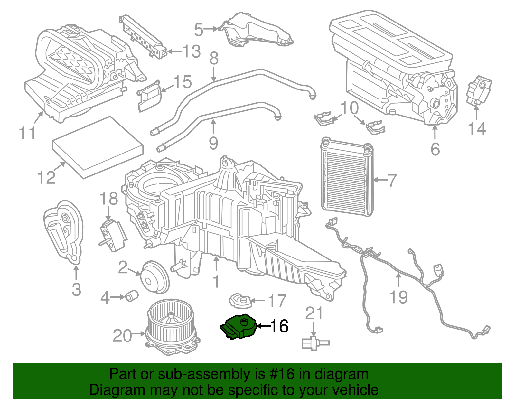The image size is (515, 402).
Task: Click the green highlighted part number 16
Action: click(238, 327)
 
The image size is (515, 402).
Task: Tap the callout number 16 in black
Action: click(279, 326)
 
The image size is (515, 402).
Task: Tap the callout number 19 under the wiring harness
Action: click(398, 297)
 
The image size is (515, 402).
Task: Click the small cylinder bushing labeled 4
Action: click(131, 295)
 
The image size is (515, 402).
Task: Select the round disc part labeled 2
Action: click(155, 277)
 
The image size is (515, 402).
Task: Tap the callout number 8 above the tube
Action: click(214, 59)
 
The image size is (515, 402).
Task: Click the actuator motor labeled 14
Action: click(478, 90)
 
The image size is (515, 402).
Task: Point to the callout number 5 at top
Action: click(199, 30)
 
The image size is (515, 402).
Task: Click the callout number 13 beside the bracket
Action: click(192, 51)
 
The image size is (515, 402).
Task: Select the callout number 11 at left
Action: click(27, 133)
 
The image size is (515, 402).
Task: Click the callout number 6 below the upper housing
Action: click(435, 149)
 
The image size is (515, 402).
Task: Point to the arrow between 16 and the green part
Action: click(263, 326)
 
